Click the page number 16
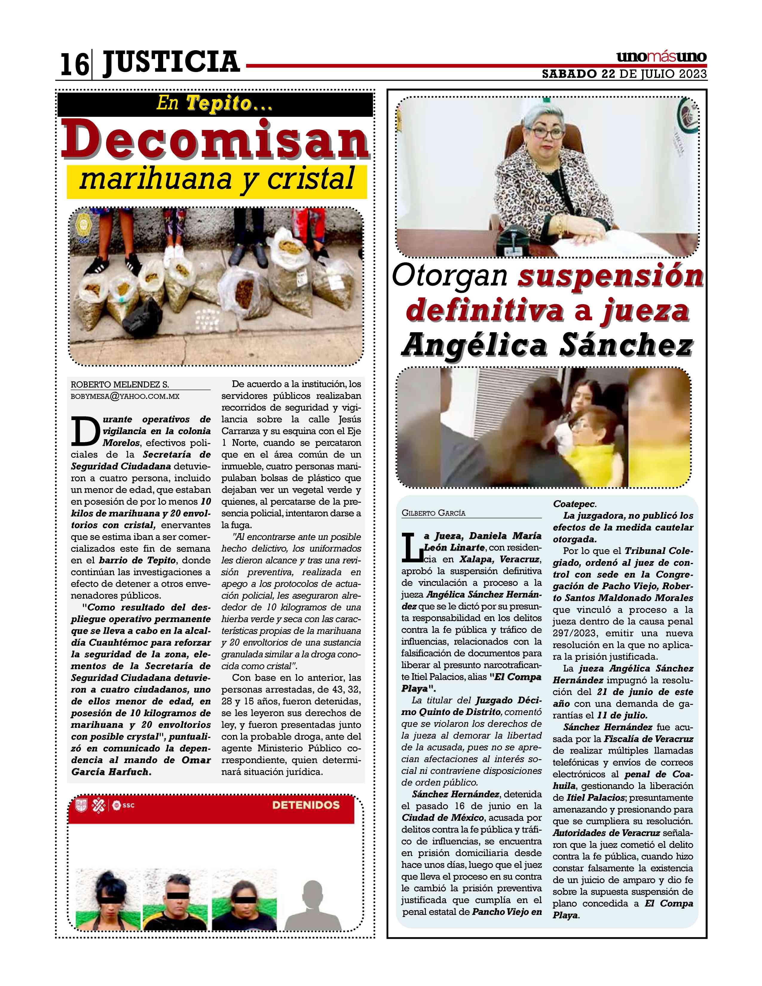(x=74, y=65)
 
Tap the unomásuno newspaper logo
(x=661, y=58)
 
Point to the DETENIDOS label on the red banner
(x=306, y=805)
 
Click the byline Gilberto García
(x=433, y=513)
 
